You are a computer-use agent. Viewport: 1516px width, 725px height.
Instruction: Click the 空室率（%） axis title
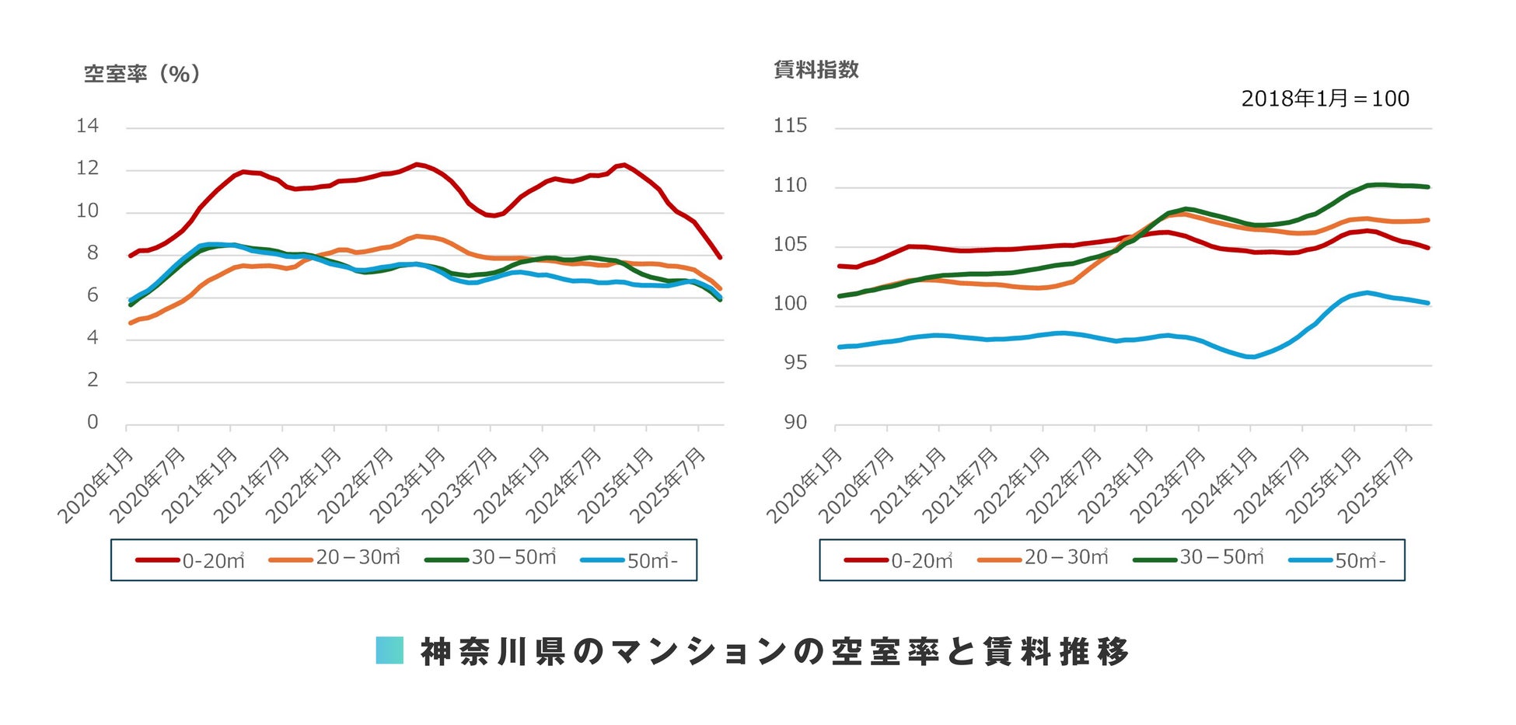(x=142, y=74)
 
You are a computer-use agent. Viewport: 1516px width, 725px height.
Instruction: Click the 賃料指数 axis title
(x=816, y=70)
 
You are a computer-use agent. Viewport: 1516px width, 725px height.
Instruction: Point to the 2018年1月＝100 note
(x=1325, y=99)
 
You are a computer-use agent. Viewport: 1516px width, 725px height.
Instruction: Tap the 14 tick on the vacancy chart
(x=88, y=126)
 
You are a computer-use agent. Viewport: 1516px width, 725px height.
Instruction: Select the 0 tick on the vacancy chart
(x=93, y=422)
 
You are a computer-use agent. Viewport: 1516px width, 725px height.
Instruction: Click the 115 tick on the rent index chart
(x=790, y=126)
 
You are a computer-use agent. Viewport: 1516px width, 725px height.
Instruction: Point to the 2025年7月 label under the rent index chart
(x=1377, y=485)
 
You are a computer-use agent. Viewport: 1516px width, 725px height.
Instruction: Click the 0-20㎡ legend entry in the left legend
(x=190, y=560)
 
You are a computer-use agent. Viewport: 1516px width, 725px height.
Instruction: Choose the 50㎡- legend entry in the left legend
(x=630, y=560)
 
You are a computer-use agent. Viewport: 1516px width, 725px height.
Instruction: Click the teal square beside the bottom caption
(x=389, y=650)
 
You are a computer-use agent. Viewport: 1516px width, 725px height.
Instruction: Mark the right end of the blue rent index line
(x=1428, y=303)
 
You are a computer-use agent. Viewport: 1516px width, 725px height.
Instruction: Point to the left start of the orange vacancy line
(x=130, y=322)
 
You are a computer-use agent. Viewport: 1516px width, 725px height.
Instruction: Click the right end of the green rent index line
(x=1428, y=186)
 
